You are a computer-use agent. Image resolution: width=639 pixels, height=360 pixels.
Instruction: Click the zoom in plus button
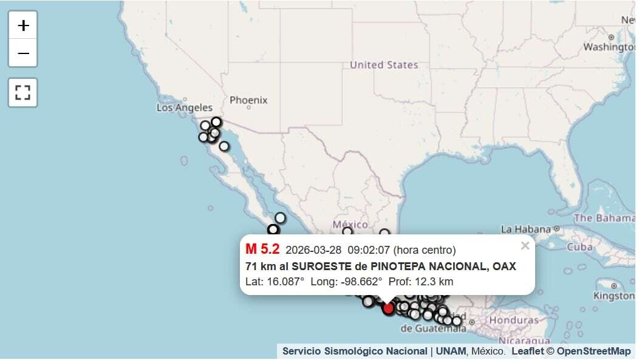point(23,25)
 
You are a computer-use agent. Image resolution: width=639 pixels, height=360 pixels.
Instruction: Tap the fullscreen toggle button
point(23,92)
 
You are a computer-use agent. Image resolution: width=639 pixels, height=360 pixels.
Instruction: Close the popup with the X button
point(525,246)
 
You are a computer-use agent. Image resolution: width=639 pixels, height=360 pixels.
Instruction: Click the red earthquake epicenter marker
point(388,308)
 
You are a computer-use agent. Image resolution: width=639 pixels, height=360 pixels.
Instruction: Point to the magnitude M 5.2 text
point(262,249)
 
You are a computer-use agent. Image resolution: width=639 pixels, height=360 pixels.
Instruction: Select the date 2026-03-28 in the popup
point(313,250)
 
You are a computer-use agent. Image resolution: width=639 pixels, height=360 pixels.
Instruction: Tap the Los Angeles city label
point(185,107)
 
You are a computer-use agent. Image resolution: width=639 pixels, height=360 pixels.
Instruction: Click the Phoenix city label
point(248,100)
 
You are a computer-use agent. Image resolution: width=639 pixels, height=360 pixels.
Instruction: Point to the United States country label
point(384,65)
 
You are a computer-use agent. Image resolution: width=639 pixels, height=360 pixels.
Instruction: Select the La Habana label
point(525,229)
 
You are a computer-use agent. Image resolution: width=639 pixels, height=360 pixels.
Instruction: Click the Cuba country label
point(579,247)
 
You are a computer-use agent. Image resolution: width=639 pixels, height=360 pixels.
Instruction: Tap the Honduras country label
point(514,320)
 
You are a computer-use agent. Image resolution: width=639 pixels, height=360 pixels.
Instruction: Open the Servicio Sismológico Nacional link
point(355,351)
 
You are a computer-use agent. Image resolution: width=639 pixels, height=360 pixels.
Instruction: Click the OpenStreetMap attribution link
point(593,351)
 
